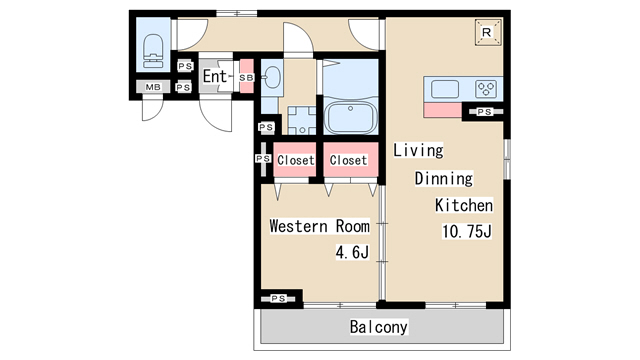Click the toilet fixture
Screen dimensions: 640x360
click(x=153, y=51)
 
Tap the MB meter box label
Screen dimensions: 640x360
click(x=153, y=87)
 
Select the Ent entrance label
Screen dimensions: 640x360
click(x=214, y=76)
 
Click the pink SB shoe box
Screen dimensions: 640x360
click(x=247, y=76)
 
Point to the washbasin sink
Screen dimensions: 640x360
click(x=271, y=77)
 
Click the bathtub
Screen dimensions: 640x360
click(x=351, y=118)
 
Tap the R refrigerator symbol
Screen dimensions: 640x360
click(x=488, y=32)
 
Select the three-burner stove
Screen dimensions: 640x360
click(x=486, y=89)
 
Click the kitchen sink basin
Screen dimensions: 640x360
click(x=445, y=89)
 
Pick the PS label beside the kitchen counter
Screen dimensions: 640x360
click(x=484, y=111)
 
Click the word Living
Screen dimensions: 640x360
click(x=418, y=150)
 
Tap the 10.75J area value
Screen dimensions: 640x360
click(x=467, y=231)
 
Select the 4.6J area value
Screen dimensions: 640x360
click(x=352, y=252)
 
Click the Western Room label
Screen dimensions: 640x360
click(x=320, y=226)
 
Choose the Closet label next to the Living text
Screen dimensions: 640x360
click(x=348, y=160)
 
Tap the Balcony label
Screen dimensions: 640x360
click(x=378, y=327)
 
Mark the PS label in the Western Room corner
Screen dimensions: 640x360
click(x=278, y=299)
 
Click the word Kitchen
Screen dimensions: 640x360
click(x=464, y=205)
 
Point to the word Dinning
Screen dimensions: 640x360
click(x=444, y=178)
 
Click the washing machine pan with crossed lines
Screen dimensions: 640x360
click(x=302, y=120)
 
